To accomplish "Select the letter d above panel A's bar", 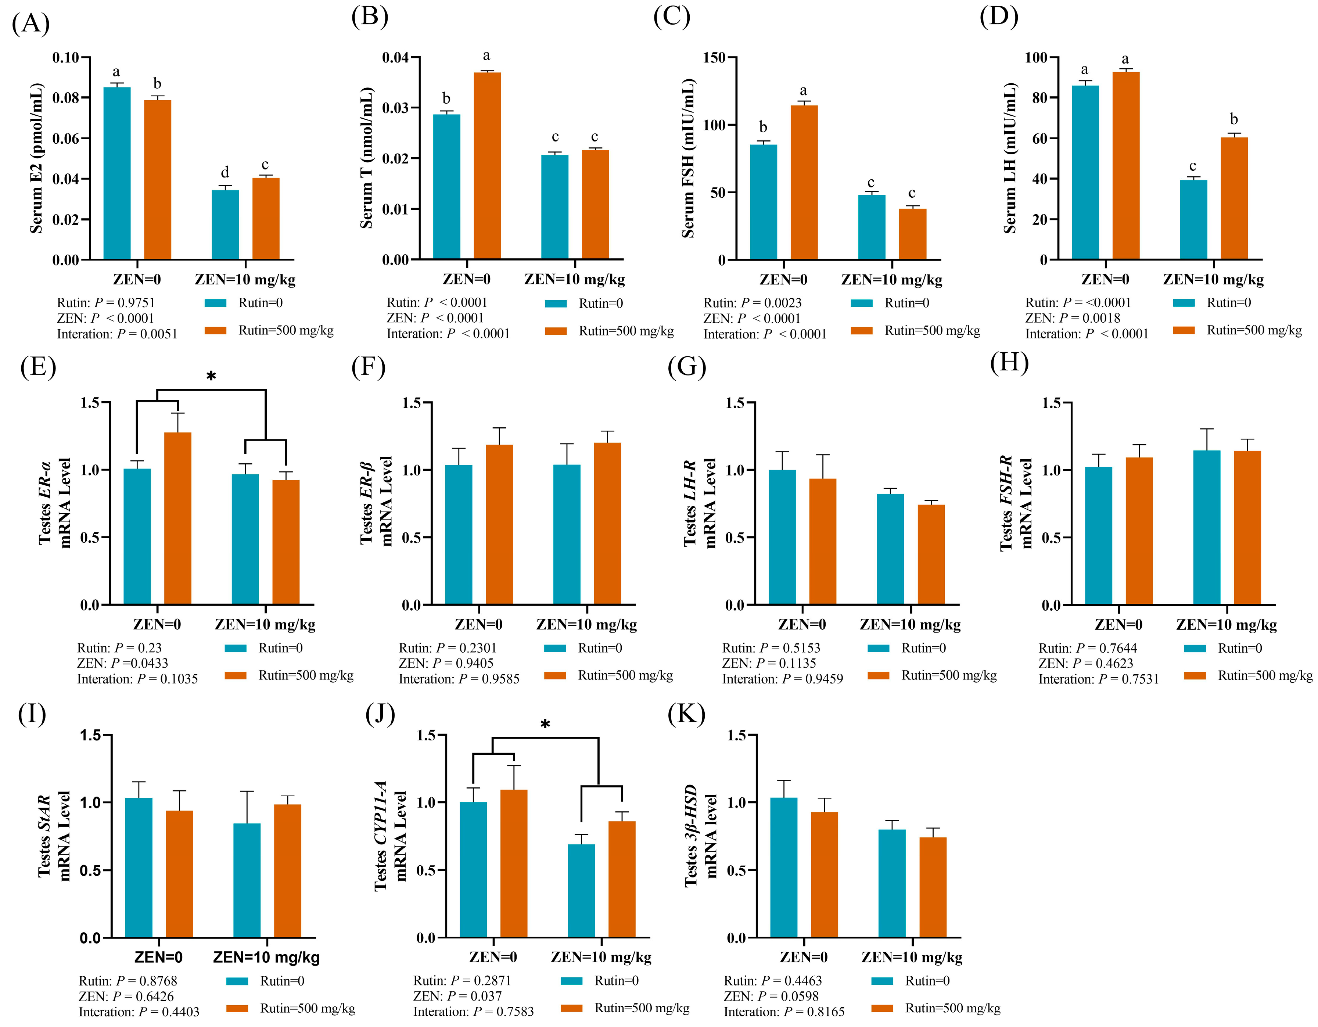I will [225, 173].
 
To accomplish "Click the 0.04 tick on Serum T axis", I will [395, 58].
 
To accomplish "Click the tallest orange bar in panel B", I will [487, 166].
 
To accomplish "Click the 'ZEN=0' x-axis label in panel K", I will [803, 958].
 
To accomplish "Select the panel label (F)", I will [368, 366].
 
